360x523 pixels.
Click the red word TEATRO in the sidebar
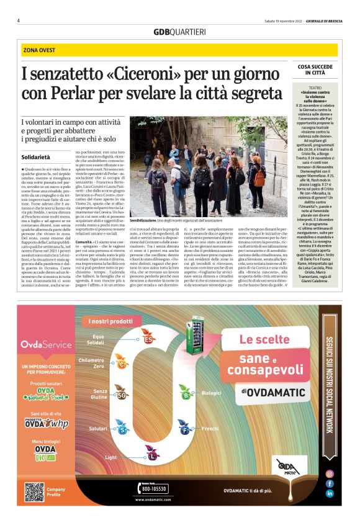[319, 88]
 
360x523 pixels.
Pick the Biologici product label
[212, 393]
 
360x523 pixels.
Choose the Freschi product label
[210, 429]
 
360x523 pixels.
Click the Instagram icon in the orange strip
[330, 473]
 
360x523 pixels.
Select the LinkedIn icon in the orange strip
[330, 493]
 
